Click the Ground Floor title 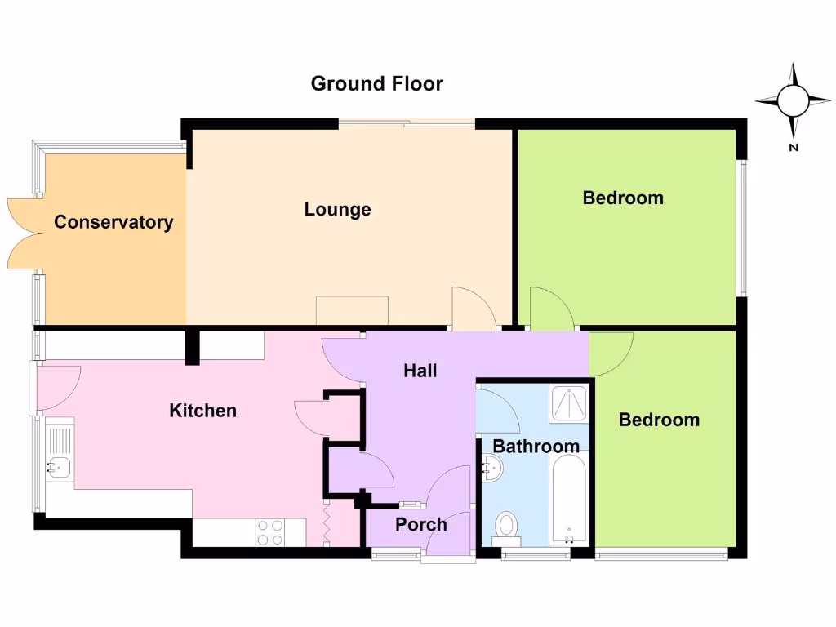point(376,83)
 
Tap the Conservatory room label point(113,222)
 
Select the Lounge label point(337,210)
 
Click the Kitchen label point(202,411)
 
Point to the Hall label point(420,371)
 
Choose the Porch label point(420,524)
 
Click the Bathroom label point(536,447)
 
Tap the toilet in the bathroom point(508,527)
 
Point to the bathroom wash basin point(492,469)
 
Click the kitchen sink point(59,466)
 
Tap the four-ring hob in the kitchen point(270,532)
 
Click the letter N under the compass point(793,148)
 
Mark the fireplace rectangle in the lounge point(352,310)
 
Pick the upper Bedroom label point(623,198)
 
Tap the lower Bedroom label point(659,420)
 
